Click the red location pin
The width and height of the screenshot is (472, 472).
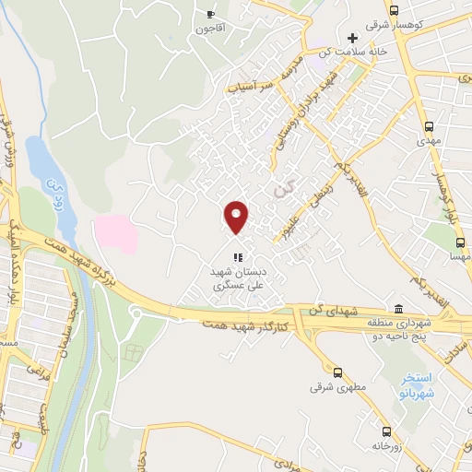click(237, 216)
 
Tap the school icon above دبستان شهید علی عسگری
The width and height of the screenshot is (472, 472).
click(237, 258)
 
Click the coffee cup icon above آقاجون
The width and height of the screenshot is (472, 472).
click(211, 15)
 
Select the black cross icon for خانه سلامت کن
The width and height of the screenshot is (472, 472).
click(352, 38)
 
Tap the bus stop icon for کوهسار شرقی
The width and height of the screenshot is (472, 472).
click(395, 9)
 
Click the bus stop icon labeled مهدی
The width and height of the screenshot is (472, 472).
click(429, 126)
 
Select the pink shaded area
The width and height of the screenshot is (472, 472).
click(115, 233)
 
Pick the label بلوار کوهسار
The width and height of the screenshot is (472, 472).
click(451, 189)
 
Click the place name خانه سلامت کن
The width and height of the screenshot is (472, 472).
click(351, 52)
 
